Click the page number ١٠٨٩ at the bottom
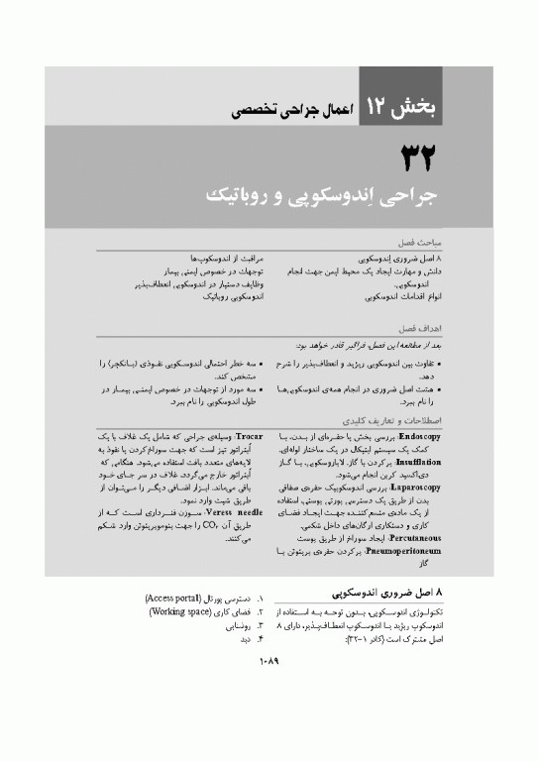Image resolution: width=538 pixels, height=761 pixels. click(x=270, y=690)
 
